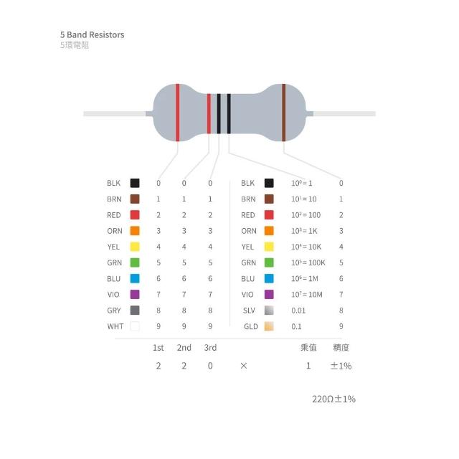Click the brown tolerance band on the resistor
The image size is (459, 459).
click(x=283, y=113)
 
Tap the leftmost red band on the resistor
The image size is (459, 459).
click(x=177, y=113)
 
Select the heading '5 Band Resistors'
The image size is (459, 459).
click(x=93, y=35)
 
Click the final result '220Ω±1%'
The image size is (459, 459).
click(x=333, y=399)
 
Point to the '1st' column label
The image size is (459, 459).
click(x=158, y=348)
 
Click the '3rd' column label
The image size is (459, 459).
click(x=210, y=348)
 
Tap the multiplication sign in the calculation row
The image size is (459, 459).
click(x=244, y=366)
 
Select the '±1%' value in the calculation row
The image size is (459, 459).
click(x=341, y=366)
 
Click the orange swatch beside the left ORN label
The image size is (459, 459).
click(x=135, y=231)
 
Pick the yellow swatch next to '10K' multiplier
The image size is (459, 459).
click(x=269, y=247)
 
